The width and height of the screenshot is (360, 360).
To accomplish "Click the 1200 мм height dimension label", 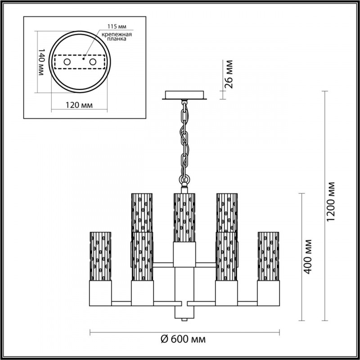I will pos(332,205).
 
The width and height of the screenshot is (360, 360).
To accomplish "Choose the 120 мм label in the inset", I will pos(76,105).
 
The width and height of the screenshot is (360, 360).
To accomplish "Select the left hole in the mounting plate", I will pos(67,61).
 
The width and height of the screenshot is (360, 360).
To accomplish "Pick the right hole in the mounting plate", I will pos(94,61).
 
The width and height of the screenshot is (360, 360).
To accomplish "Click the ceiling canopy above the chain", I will pos(185,95).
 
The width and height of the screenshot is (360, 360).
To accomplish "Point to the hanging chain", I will pos(184,139).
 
